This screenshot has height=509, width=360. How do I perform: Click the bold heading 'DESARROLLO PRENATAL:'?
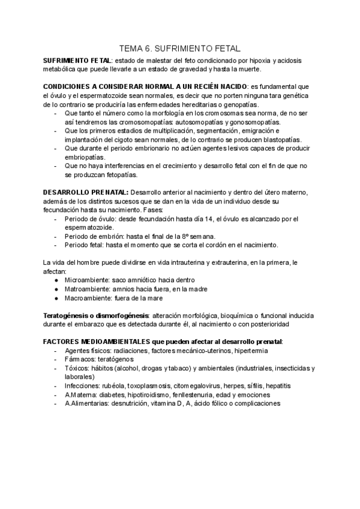(x=85, y=191)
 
